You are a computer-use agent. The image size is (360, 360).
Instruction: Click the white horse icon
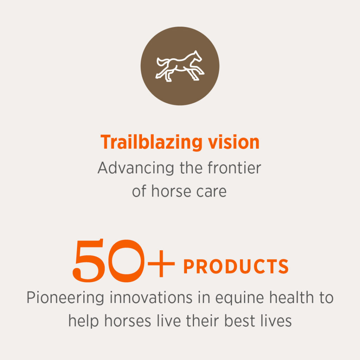click(180, 66)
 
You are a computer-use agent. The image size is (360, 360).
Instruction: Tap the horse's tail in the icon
click(162, 62)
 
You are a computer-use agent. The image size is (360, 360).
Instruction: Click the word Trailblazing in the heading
click(152, 143)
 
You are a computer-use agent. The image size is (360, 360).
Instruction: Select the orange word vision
click(234, 142)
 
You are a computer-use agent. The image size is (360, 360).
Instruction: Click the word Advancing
click(136, 168)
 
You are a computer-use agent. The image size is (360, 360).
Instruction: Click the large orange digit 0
click(126, 261)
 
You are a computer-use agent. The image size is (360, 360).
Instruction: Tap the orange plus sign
click(161, 264)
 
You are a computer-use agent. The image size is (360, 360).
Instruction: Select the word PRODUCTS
click(236, 266)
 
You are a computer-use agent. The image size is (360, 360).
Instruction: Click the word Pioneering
click(65, 298)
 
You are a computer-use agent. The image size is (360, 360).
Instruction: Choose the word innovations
click(151, 297)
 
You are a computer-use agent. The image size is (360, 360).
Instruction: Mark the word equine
click(239, 298)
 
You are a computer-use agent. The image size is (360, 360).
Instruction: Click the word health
click(291, 297)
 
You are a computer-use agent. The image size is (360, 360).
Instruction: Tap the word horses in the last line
click(128, 321)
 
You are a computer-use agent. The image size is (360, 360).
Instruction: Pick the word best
click(239, 321)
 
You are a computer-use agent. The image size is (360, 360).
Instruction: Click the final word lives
click(276, 321)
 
